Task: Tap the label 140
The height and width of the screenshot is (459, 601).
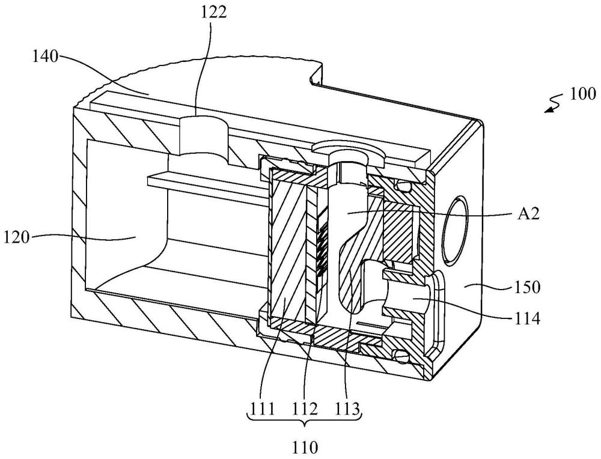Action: (x=45, y=57)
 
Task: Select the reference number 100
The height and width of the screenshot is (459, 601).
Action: (x=582, y=94)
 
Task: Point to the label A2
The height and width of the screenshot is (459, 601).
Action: (x=528, y=214)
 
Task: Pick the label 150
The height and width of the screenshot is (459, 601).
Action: (x=527, y=287)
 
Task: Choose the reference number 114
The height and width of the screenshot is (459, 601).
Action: (x=527, y=318)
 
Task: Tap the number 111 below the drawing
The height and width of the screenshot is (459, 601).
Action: (x=263, y=410)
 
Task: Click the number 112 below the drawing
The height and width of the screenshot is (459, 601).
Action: (x=305, y=410)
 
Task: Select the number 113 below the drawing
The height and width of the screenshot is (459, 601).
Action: (x=347, y=410)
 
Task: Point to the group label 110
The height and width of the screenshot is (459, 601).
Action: (x=305, y=447)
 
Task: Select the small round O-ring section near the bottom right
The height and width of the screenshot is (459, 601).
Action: (x=402, y=357)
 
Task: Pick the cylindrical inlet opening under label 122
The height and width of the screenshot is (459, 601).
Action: (x=203, y=138)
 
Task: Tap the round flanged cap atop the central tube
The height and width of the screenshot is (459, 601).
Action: (x=349, y=150)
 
